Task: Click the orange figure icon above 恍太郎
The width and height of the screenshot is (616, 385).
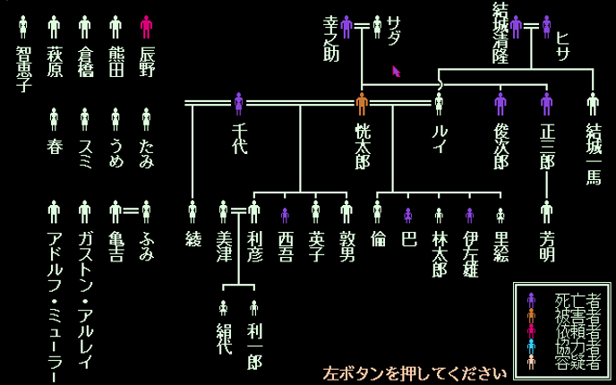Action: pos(362,104)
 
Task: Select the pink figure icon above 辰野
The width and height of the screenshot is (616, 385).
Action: pos(147,27)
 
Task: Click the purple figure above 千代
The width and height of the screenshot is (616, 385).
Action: pos(238,104)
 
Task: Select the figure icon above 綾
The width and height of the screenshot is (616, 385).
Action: pos(192,212)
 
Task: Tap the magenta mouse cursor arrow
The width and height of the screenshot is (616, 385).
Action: pos(396,70)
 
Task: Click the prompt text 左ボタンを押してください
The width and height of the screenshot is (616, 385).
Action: pos(415,372)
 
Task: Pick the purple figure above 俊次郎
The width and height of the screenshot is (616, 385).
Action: pos(500,104)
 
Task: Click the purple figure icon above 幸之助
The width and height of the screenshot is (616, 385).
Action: pos(346,27)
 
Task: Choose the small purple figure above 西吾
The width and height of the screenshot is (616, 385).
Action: pos(285,215)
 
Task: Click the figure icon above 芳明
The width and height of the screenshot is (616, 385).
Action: pos(547,212)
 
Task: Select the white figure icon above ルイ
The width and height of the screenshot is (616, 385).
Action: pos(439,104)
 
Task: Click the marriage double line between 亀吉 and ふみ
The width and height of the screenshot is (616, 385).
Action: pos(131,211)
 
